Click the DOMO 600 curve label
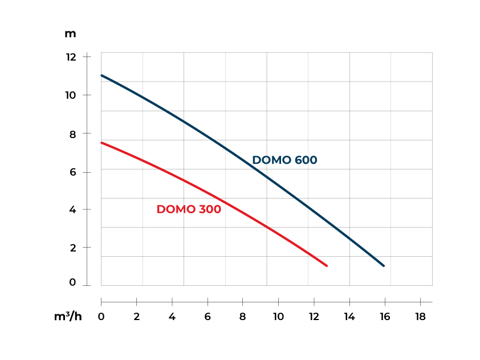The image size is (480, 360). (x=284, y=160)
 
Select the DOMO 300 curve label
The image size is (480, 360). (x=189, y=209)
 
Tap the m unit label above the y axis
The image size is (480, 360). (x=70, y=34)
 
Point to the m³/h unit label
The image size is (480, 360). (x=68, y=317)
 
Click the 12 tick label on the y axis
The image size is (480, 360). (x=71, y=57)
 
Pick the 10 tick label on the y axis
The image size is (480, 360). (x=71, y=95)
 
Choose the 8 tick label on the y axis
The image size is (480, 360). (x=72, y=134)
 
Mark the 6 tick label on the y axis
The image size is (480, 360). (x=72, y=172)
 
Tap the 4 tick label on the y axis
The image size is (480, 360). (x=72, y=209)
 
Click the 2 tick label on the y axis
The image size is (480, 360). (x=72, y=248)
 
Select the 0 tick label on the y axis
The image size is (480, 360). (x=72, y=282)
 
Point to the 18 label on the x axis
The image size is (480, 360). (x=420, y=317)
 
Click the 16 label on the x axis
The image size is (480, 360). (x=385, y=317)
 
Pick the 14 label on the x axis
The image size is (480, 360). (x=349, y=317)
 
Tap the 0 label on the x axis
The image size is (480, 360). (x=101, y=317)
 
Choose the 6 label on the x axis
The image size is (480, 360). (x=208, y=317)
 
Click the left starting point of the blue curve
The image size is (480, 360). (x=101, y=75)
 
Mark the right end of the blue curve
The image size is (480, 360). (x=384, y=266)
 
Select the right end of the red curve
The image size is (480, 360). (x=327, y=266)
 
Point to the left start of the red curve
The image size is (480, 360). (x=101, y=143)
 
